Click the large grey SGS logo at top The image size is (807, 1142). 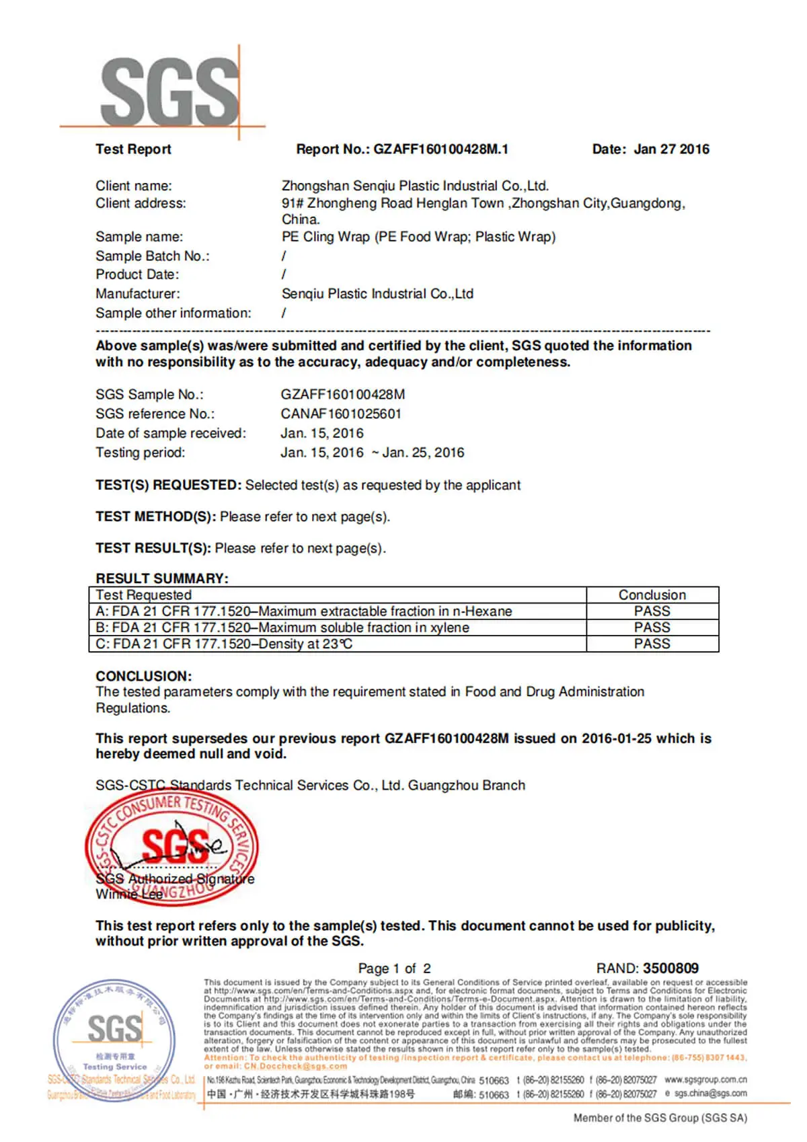(x=168, y=91)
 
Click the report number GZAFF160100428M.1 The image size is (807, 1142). (x=440, y=149)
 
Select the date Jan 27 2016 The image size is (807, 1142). (x=671, y=149)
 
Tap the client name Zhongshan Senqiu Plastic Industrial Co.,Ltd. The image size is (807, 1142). (x=415, y=186)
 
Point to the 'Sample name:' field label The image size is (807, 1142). (x=139, y=237)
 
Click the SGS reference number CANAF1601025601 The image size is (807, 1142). (x=341, y=414)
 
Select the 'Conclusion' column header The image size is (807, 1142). (x=652, y=595)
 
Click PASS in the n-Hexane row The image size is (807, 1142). (x=652, y=611)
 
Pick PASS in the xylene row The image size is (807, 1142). (x=652, y=627)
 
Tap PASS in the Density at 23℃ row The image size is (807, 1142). (x=652, y=644)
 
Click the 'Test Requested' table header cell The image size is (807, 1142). (x=143, y=595)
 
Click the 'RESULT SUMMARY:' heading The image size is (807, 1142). (x=162, y=578)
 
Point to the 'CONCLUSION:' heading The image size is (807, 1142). (x=143, y=676)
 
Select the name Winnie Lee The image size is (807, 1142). (x=129, y=894)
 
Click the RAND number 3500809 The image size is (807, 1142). (x=670, y=968)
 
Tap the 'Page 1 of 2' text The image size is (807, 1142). (x=394, y=968)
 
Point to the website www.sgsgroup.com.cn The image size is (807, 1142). (x=705, y=1079)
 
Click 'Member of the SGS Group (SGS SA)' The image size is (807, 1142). (x=660, y=1117)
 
